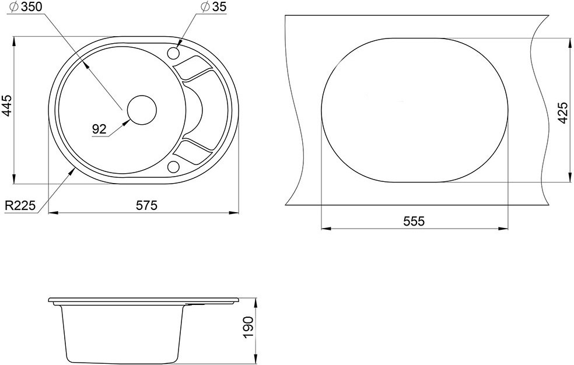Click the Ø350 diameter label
(x=27, y=7)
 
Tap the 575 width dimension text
(x=146, y=205)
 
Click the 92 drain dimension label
(x=99, y=129)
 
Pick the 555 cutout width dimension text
(x=414, y=222)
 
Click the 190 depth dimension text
(x=248, y=328)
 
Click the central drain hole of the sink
(x=142, y=110)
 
